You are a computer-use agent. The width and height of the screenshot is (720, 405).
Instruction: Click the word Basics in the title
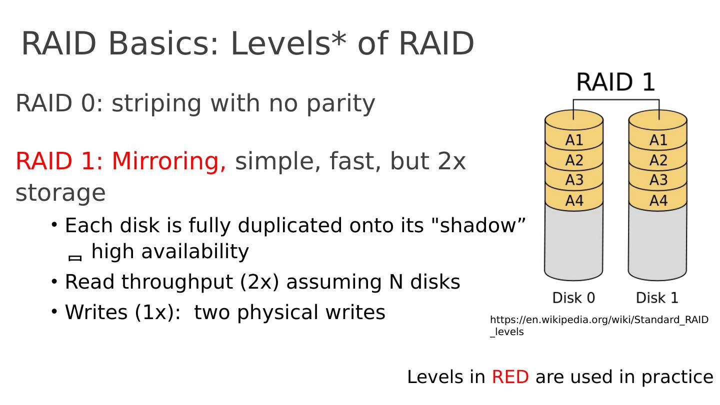click(x=163, y=43)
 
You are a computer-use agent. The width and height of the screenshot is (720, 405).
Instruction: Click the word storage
click(x=60, y=193)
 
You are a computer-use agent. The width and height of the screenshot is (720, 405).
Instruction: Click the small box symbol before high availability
click(x=75, y=258)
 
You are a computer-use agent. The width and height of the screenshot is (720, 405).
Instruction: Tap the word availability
click(x=195, y=251)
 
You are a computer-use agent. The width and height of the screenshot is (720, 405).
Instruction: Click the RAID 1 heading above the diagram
click(x=615, y=82)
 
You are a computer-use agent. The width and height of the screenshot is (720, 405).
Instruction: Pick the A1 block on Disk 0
click(x=574, y=140)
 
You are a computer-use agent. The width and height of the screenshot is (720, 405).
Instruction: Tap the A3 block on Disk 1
click(x=658, y=180)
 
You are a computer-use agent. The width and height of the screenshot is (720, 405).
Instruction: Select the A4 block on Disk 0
click(x=574, y=201)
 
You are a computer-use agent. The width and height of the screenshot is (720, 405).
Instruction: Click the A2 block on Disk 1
click(x=658, y=160)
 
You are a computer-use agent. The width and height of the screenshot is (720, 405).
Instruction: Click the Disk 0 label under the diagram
click(x=573, y=298)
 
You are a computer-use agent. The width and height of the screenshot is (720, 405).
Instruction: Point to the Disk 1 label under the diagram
click(x=657, y=298)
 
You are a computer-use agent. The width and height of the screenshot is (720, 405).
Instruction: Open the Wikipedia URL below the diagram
click(x=599, y=320)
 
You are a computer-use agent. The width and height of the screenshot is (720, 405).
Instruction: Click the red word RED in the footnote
click(x=510, y=377)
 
